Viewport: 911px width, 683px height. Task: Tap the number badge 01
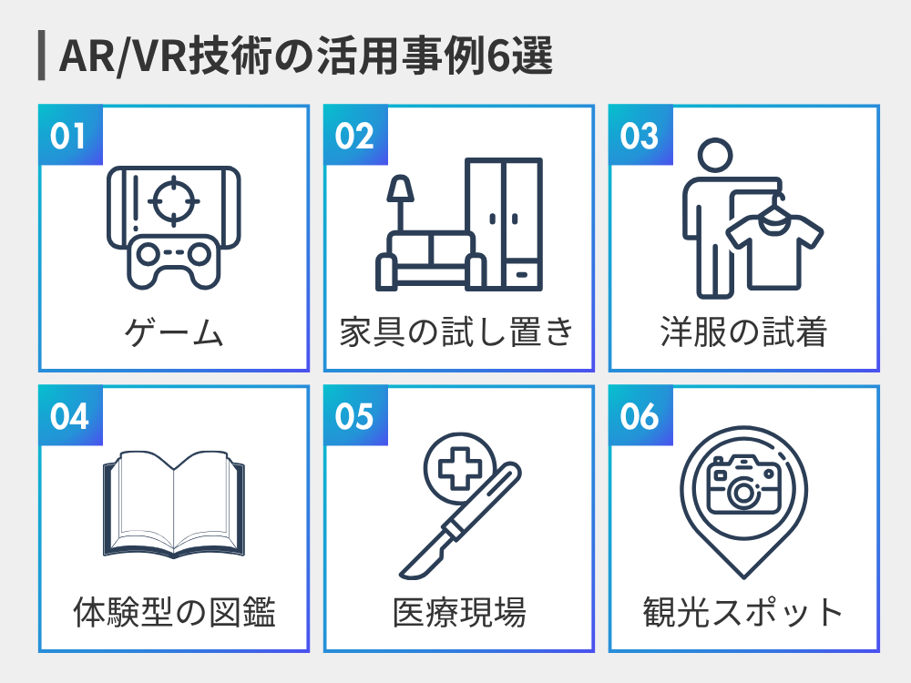pyautogui.click(x=68, y=136)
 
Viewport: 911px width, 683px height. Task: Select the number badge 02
pyautogui.click(x=354, y=136)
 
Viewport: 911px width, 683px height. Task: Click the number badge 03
pyautogui.click(x=640, y=136)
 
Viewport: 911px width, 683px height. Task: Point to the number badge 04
pyautogui.click(x=69, y=416)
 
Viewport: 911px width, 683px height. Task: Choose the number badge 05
pyautogui.click(x=354, y=416)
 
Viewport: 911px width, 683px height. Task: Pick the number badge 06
pyautogui.click(x=640, y=416)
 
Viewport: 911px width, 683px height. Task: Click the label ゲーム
pyautogui.click(x=174, y=332)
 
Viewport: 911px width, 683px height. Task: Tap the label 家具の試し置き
pyautogui.click(x=458, y=332)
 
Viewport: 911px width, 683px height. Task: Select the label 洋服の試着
pyautogui.click(x=743, y=332)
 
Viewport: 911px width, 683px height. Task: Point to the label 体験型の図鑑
pyautogui.click(x=174, y=613)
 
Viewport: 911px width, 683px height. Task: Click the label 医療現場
pyautogui.click(x=458, y=613)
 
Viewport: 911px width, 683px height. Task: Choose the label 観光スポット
pyautogui.click(x=743, y=613)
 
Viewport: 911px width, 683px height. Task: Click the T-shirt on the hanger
pyautogui.click(x=773, y=250)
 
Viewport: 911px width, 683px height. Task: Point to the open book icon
pyautogui.click(x=173, y=505)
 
